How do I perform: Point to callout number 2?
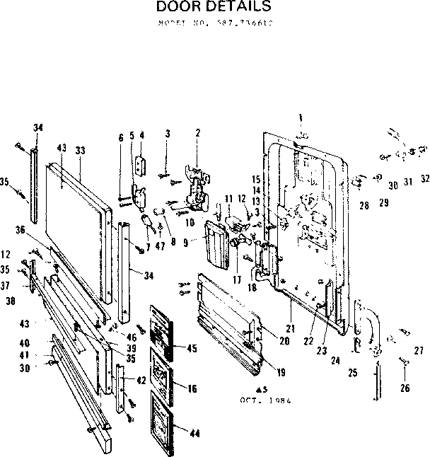(197, 133)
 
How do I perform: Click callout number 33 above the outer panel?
(80, 150)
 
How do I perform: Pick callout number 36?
(39, 229)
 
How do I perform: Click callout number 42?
(141, 380)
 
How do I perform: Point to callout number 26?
(404, 387)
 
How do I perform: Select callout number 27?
(418, 349)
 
